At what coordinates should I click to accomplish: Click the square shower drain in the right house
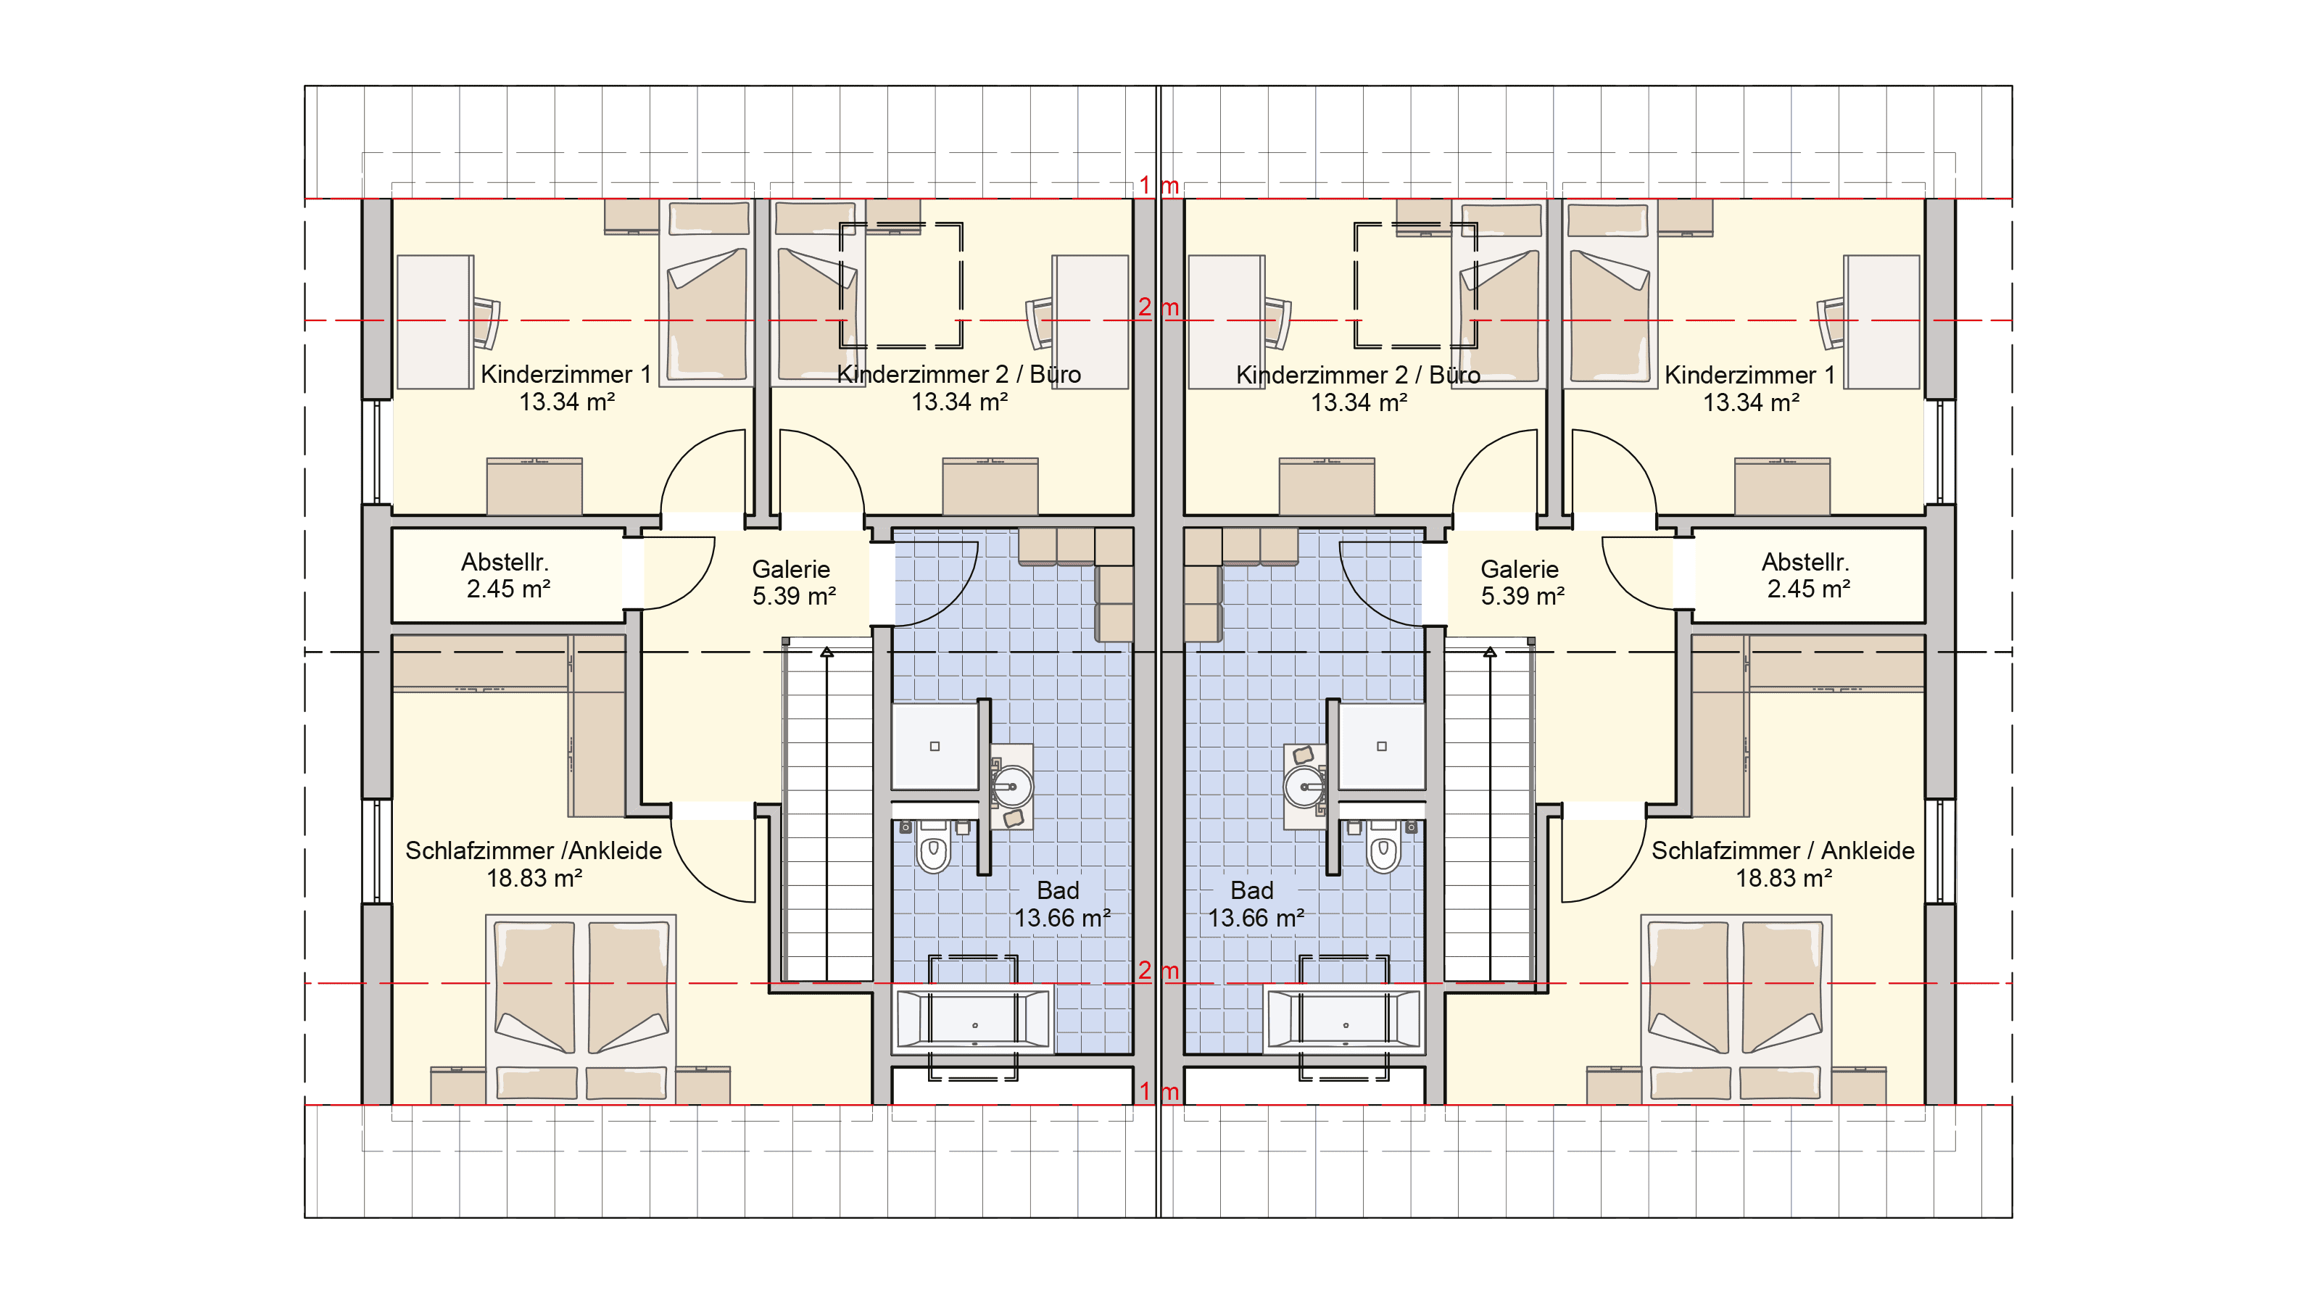point(1382,746)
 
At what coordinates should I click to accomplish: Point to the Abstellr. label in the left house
point(505,562)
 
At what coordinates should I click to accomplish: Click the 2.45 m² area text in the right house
point(1808,589)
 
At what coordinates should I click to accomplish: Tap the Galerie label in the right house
point(1520,569)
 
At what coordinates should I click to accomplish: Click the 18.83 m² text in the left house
point(534,878)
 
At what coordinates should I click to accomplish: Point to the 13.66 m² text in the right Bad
point(1256,918)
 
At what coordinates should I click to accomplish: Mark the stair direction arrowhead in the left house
point(826,651)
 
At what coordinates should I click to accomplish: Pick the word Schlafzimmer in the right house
point(1725,850)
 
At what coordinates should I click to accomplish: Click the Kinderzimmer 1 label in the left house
point(565,374)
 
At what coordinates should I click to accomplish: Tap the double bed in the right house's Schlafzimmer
point(1736,1008)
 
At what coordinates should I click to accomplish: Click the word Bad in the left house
point(1058,891)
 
